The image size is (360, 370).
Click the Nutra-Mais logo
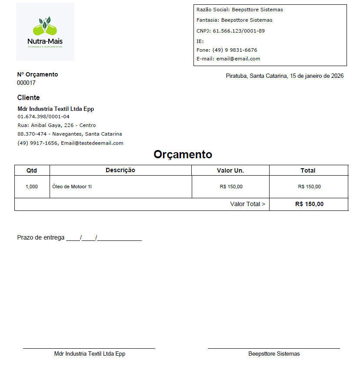tap(45, 31)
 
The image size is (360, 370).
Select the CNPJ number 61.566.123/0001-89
tap(239, 31)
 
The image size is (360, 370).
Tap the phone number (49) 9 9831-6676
tap(235, 50)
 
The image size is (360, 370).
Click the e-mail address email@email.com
tap(238, 59)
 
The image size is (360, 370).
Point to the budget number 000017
tap(27, 83)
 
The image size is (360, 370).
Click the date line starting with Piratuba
tap(285, 76)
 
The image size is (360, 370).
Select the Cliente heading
tap(29, 97)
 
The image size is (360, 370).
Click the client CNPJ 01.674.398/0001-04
tap(43, 117)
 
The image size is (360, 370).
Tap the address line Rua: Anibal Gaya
tap(57, 125)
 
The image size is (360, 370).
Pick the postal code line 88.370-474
tap(70, 134)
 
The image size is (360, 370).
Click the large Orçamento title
tap(183, 154)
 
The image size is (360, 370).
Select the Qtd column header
tap(32, 170)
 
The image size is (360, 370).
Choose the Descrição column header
tap(120, 170)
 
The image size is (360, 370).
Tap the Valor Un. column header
tap(230, 170)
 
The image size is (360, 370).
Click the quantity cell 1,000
tap(32, 187)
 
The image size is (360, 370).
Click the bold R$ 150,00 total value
tap(309, 204)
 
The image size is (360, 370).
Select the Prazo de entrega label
tap(41, 237)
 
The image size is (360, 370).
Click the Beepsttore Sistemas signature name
tap(274, 353)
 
